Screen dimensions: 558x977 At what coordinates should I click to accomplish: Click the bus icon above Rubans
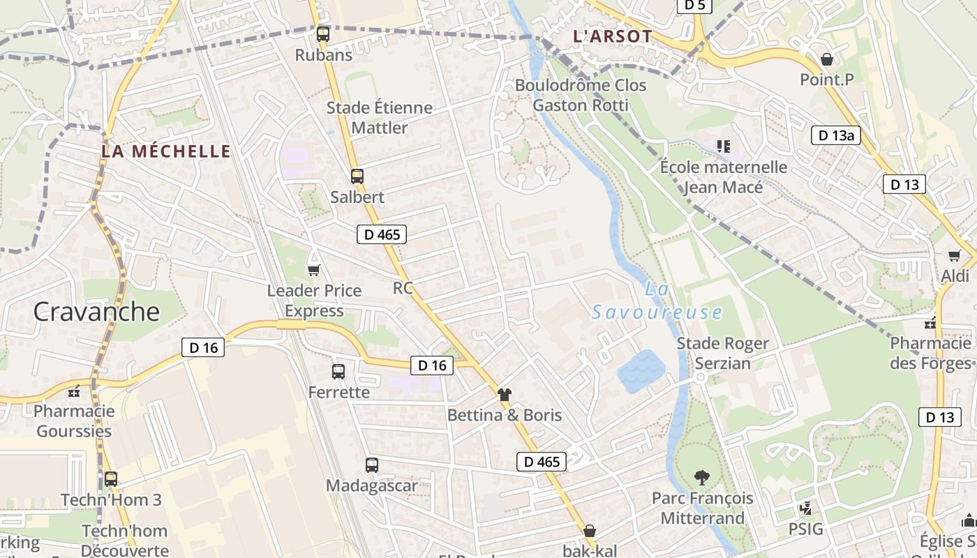[322, 33]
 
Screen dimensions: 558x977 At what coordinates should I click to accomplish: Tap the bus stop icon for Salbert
[357, 176]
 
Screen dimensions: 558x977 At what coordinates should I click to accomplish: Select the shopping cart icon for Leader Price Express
[313, 270]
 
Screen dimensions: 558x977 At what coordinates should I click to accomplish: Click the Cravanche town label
[96, 311]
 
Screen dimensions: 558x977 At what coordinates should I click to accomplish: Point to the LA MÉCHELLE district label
[166, 151]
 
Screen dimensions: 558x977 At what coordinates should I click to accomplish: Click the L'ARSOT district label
[612, 36]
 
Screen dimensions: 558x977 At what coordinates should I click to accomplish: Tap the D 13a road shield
[835, 135]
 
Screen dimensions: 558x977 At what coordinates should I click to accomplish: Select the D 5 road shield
[694, 6]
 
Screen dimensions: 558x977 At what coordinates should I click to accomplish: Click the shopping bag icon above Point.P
[827, 59]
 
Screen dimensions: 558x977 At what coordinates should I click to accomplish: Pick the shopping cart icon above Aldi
[954, 256]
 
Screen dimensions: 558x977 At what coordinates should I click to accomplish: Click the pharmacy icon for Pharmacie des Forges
[930, 323]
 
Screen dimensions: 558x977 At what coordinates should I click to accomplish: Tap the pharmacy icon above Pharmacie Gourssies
[74, 391]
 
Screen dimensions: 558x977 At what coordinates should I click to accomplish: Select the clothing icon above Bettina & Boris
[505, 394]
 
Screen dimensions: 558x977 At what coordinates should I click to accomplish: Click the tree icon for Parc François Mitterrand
[702, 478]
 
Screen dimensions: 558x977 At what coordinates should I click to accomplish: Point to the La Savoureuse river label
[657, 301]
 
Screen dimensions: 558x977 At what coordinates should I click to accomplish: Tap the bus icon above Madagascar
[372, 465]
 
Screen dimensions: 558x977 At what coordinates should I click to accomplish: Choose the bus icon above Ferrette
[338, 372]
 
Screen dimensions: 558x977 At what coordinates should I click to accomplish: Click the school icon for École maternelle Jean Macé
[724, 146]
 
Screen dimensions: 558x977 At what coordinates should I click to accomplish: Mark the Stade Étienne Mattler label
[380, 118]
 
